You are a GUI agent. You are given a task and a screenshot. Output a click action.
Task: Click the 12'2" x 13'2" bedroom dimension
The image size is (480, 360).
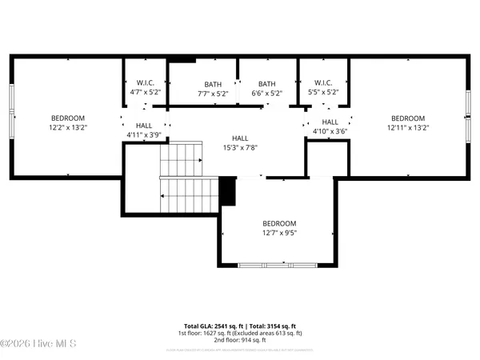(x=68, y=126)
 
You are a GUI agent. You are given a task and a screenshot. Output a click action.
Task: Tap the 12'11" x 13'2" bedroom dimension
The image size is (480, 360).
(x=408, y=126)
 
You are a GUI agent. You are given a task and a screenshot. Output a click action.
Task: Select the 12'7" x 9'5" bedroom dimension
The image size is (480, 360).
(x=279, y=234)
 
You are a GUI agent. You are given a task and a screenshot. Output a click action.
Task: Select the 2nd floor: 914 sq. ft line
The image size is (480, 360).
(x=240, y=340)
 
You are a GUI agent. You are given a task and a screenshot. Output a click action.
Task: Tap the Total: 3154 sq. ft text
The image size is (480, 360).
(x=271, y=326)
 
